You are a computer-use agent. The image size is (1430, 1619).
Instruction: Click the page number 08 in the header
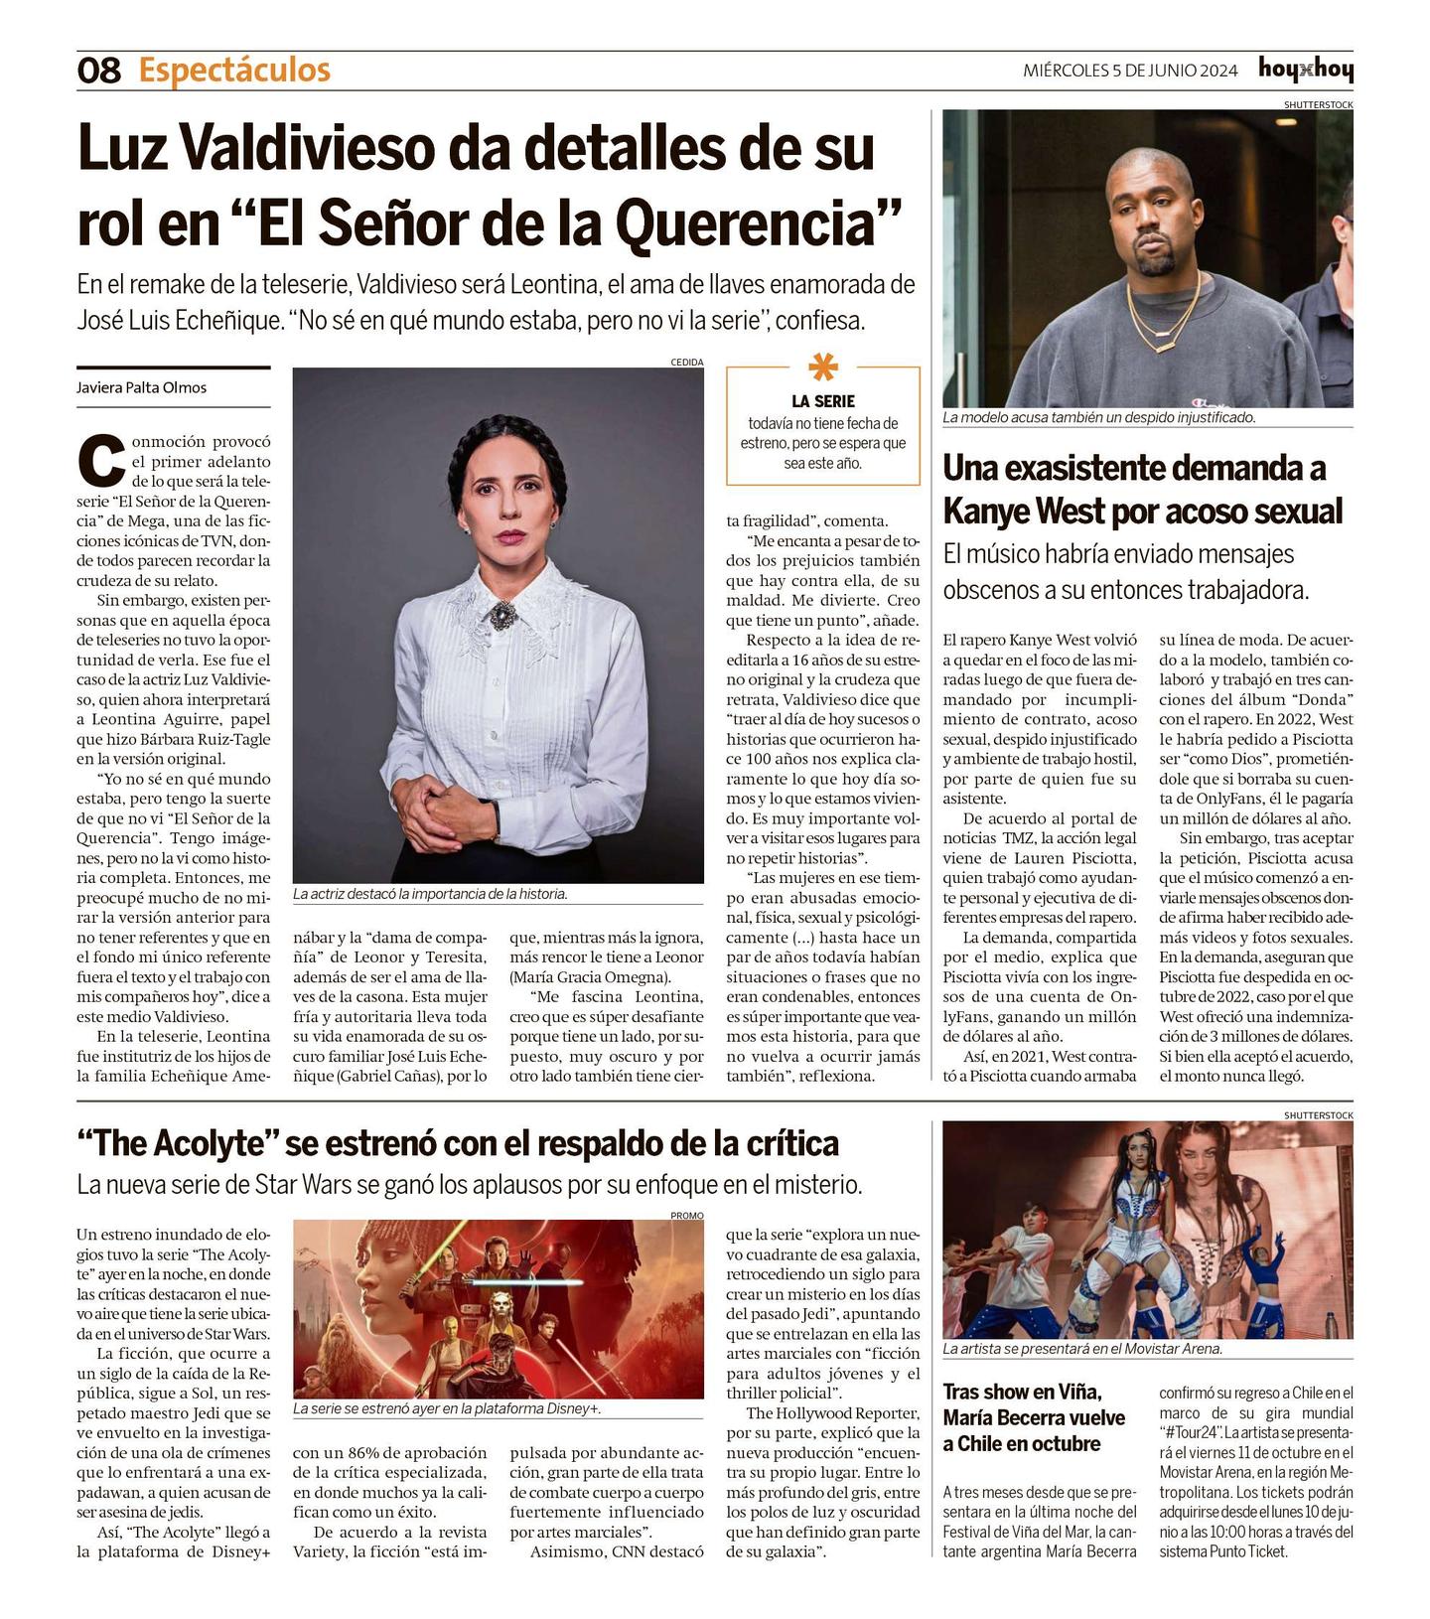(x=98, y=71)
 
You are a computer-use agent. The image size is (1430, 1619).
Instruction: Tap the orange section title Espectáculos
(x=234, y=71)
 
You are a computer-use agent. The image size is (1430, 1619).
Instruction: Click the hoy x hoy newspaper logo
(x=1305, y=70)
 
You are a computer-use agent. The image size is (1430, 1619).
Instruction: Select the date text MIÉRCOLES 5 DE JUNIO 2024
(x=1130, y=71)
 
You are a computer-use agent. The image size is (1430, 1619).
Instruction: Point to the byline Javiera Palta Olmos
(x=142, y=387)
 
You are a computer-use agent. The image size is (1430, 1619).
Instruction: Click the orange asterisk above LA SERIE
(x=822, y=368)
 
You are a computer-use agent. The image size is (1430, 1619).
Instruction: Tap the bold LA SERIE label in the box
(x=822, y=401)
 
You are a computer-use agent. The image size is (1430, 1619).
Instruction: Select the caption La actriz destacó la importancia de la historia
(x=430, y=894)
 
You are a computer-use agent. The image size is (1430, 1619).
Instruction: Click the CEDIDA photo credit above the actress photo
(x=686, y=363)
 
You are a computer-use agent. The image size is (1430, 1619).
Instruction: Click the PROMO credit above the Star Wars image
(x=686, y=1215)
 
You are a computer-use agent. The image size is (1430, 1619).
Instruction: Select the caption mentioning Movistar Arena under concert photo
(x=1082, y=1349)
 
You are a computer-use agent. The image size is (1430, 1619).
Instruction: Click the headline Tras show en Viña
(x=1022, y=1392)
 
